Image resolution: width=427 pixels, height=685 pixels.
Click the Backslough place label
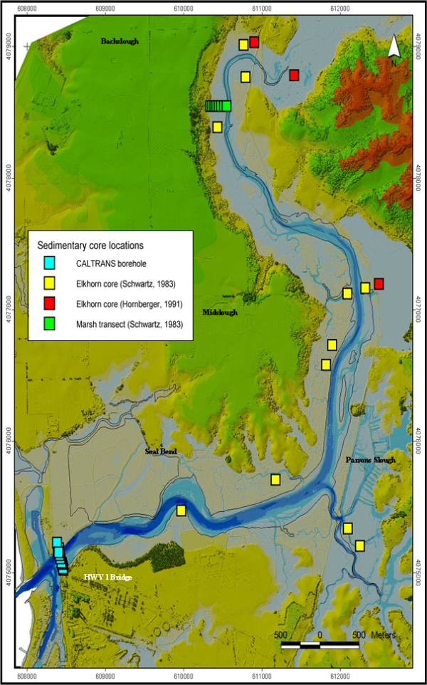[x=119, y=41]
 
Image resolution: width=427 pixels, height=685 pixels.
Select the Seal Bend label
[x=160, y=451]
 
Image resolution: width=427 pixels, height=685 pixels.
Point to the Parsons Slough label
[x=369, y=460]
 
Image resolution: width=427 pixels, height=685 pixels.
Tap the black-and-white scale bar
[x=320, y=645]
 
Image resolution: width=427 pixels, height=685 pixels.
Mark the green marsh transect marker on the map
[x=218, y=106]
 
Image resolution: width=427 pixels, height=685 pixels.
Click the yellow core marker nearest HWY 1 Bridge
[x=181, y=510]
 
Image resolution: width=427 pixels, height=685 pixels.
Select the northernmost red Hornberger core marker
[x=253, y=43]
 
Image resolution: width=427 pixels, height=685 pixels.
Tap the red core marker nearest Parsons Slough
[x=379, y=284]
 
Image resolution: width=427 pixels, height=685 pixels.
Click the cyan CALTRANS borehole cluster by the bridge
[x=60, y=557]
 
